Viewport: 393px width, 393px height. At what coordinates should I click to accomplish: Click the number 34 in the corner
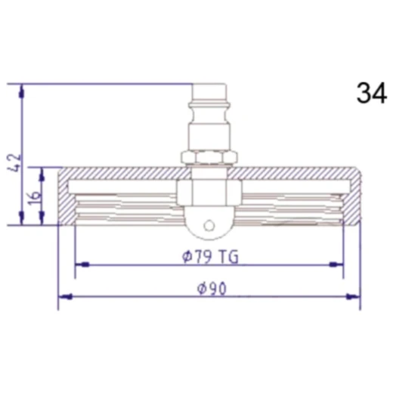372,93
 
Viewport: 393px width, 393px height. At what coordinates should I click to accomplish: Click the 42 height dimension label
14,162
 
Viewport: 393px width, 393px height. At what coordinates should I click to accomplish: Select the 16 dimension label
34,198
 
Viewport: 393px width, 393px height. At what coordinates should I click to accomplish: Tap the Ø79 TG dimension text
210,257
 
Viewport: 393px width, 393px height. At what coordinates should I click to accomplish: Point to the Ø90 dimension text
212,289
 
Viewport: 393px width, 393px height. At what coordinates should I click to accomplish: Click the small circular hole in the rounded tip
209,225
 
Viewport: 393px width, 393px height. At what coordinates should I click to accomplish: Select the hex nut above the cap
209,157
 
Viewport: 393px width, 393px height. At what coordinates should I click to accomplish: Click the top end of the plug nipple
209,84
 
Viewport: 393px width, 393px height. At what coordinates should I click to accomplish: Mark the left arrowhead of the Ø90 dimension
65,296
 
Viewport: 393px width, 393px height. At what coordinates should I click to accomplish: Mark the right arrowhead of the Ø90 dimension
353,296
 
